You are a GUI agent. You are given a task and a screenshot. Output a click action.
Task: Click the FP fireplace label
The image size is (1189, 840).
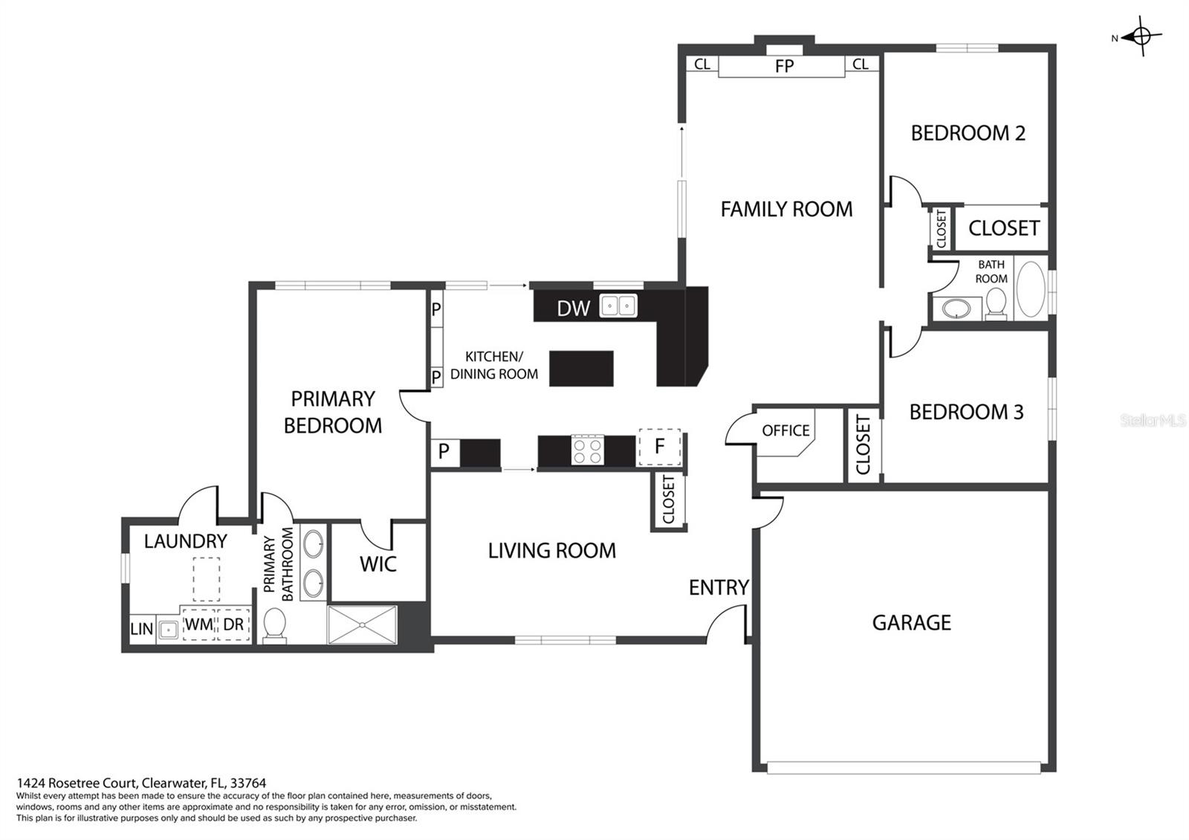point(784,66)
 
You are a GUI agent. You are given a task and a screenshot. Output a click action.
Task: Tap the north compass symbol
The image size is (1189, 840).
point(1141,36)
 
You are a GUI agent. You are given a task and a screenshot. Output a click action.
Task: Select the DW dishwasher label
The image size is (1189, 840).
point(573,308)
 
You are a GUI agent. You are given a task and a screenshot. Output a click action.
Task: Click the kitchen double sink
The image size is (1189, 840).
point(618,306)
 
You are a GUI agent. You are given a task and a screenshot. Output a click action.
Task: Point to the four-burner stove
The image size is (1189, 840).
point(588,450)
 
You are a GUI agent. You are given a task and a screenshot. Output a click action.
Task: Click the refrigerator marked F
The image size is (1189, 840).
point(659,447)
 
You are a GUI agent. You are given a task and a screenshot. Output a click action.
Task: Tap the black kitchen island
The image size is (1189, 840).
point(581,368)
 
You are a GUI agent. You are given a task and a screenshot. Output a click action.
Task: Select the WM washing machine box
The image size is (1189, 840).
point(199,624)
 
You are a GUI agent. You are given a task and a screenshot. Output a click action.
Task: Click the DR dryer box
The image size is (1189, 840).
point(233,624)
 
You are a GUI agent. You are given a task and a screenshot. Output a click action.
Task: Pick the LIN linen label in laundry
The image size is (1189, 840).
point(142,629)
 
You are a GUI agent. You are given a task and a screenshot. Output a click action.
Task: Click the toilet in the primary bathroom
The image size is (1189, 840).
point(274,625)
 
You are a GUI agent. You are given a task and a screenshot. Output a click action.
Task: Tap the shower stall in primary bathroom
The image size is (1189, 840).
point(363,624)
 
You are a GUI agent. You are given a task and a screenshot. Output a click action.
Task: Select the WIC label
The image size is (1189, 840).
point(378,564)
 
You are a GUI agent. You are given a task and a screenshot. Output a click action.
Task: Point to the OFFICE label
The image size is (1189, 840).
point(785,430)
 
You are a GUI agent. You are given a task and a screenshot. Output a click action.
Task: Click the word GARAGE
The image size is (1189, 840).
point(911,622)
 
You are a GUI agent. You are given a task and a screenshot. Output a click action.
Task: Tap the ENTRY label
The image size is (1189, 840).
point(719,587)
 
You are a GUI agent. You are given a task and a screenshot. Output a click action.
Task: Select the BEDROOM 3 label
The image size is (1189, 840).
point(966,412)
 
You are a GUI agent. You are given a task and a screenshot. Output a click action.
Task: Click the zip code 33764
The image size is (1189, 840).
point(248,783)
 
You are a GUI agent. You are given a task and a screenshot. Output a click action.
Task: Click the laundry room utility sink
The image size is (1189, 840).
point(168,630)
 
